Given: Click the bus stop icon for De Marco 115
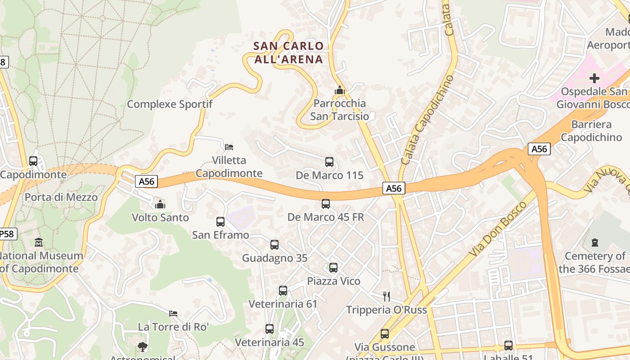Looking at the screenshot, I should point(329,162).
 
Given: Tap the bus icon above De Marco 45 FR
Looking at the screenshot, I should point(326,204).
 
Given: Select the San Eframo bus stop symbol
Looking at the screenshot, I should point(220,222).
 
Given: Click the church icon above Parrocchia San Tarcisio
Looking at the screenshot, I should point(340,90).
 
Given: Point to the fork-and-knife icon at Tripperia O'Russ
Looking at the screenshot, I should point(386,296).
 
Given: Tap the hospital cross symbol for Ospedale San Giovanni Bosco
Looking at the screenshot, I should point(594,78).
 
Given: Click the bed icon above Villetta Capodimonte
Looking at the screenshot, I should point(229,147).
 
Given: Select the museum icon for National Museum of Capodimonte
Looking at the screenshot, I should point(39,243).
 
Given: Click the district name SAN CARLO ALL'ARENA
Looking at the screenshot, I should point(288,52).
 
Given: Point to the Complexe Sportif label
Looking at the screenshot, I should point(170,104).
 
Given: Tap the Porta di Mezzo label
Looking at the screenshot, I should point(61,197).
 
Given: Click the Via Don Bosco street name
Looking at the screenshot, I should point(498,229).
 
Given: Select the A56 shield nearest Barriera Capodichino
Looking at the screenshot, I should point(539,149).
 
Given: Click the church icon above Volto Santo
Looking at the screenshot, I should point(160,204).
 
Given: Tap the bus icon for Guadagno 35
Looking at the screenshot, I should point(274,245).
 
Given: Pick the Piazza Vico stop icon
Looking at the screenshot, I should point(333,268).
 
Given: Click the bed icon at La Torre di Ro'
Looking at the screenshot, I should point(173,313).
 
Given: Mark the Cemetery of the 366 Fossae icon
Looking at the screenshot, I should point(595,243).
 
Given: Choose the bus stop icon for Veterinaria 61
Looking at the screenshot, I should point(283,291).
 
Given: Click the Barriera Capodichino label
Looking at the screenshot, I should point(591,130).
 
